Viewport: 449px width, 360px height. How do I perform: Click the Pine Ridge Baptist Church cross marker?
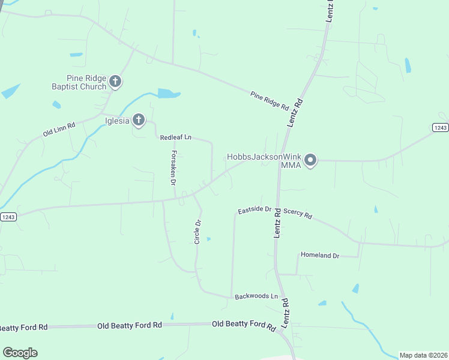(x=116, y=82)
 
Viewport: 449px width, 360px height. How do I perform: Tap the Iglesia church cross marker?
(x=139, y=120)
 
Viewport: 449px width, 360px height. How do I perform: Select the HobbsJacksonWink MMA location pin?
(x=310, y=160)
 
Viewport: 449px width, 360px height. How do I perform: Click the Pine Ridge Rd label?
(x=270, y=100)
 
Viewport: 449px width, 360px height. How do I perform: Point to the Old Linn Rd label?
(x=59, y=129)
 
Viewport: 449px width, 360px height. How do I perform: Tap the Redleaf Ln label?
(x=175, y=137)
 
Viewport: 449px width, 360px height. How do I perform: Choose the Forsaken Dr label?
(x=172, y=167)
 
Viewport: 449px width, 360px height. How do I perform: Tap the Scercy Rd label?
(x=298, y=213)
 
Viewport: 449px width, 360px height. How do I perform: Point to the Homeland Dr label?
(x=320, y=256)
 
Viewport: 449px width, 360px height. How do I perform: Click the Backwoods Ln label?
(x=257, y=296)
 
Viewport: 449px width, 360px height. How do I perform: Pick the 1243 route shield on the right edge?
(x=440, y=128)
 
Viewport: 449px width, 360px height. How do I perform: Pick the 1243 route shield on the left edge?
(x=8, y=217)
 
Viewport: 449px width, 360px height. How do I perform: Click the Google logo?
(x=20, y=353)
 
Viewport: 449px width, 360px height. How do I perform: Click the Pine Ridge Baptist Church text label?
(x=86, y=82)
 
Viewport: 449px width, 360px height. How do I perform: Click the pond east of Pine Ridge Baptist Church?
(x=168, y=94)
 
